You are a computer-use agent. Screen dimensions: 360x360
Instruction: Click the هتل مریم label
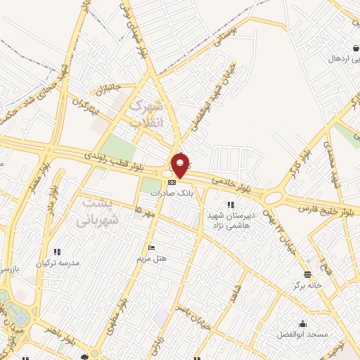[x=152, y=258]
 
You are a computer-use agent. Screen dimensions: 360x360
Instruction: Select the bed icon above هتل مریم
[x=152, y=248]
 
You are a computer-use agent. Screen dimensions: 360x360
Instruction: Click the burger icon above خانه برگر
[x=307, y=274]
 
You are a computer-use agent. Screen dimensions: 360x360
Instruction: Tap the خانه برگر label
[x=308, y=285]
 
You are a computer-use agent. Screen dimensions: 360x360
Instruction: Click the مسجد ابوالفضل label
[x=303, y=334]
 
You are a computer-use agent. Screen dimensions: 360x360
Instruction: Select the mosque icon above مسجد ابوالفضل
[x=303, y=323]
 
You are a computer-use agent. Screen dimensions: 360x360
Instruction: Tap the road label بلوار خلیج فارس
[x=325, y=208]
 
